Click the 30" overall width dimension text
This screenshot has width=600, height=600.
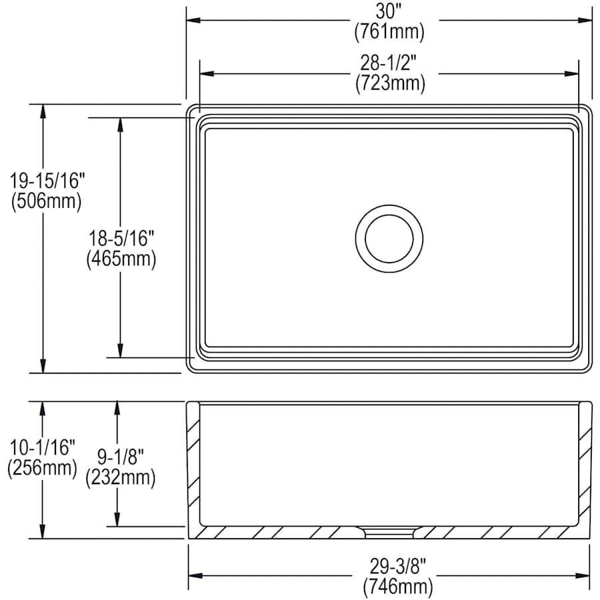(389, 11)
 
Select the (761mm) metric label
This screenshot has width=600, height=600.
(389, 31)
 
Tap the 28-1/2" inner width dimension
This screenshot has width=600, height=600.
(389, 63)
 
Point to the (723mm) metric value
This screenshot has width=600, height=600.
(389, 83)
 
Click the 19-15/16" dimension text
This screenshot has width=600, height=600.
(46, 180)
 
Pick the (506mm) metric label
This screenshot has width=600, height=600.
(46, 200)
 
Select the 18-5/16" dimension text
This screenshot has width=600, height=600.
(121, 238)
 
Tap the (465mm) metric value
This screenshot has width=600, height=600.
(121, 259)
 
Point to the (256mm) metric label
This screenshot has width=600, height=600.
(42, 468)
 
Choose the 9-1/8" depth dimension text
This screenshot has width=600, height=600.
(121, 457)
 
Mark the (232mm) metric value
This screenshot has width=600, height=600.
(121, 477)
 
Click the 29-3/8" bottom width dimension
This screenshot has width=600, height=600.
(397, 567)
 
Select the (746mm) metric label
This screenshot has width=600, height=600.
(397, 587)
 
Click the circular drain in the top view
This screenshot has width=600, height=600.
(389, 238)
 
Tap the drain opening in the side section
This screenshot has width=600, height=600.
(389, 531)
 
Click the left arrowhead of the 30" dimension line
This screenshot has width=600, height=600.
(192, 20)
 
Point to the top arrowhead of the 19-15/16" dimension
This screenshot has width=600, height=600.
(43, 110)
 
